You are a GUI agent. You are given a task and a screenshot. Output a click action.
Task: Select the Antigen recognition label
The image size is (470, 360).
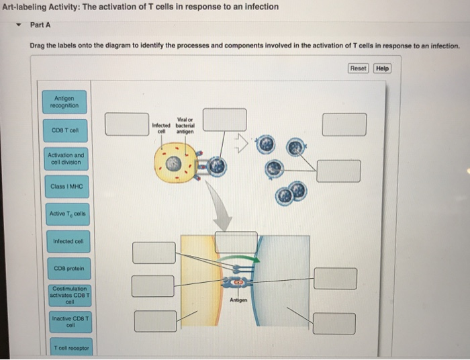click(x=65, y=101)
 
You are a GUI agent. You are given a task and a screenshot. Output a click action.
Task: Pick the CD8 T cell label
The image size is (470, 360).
click(x=65, y=130)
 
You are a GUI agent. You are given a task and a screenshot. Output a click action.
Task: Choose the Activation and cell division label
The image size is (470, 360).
click(x=65, y=158)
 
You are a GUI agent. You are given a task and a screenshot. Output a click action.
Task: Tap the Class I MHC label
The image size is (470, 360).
click(x=65, y=186)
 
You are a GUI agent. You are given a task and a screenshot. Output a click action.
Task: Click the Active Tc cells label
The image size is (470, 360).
click(x=65, y=214)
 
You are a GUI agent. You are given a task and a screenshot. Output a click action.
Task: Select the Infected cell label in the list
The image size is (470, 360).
click(x=65, y=241)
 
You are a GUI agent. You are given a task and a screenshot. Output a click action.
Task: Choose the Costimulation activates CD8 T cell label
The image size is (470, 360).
click(x=65, y=294)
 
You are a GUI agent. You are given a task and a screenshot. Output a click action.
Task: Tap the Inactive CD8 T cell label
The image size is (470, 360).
click(x=65, y=322)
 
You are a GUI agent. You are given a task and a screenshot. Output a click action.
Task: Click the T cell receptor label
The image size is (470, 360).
click(x=65, y=347)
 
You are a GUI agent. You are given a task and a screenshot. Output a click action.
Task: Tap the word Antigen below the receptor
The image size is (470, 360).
click(x=239, y=300)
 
